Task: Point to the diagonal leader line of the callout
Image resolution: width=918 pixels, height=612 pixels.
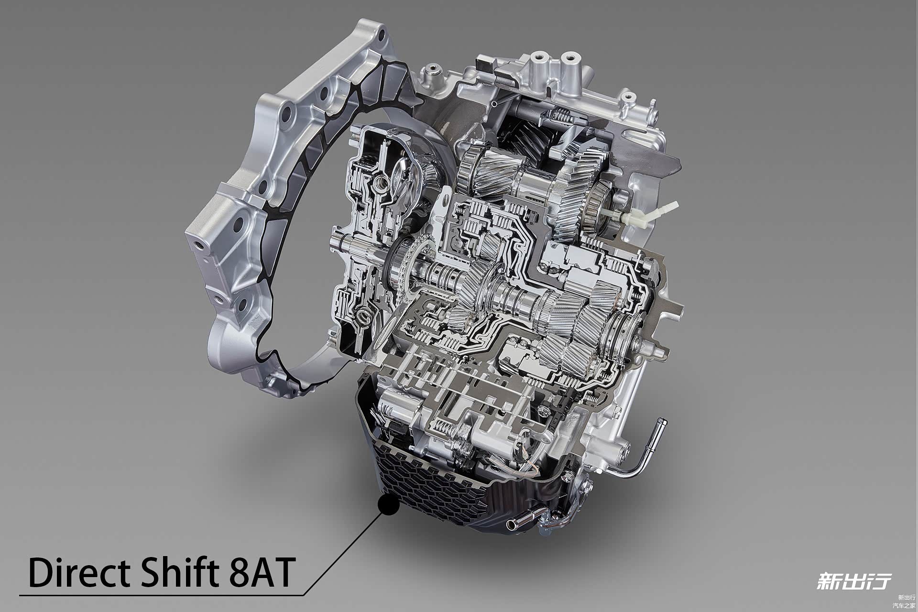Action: [342, 554]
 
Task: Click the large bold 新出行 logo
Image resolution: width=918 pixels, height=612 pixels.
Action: [854, 581]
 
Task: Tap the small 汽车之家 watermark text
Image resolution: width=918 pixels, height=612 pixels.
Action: [906, 605]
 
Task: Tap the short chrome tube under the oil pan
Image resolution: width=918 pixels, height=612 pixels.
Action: [522, 519]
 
